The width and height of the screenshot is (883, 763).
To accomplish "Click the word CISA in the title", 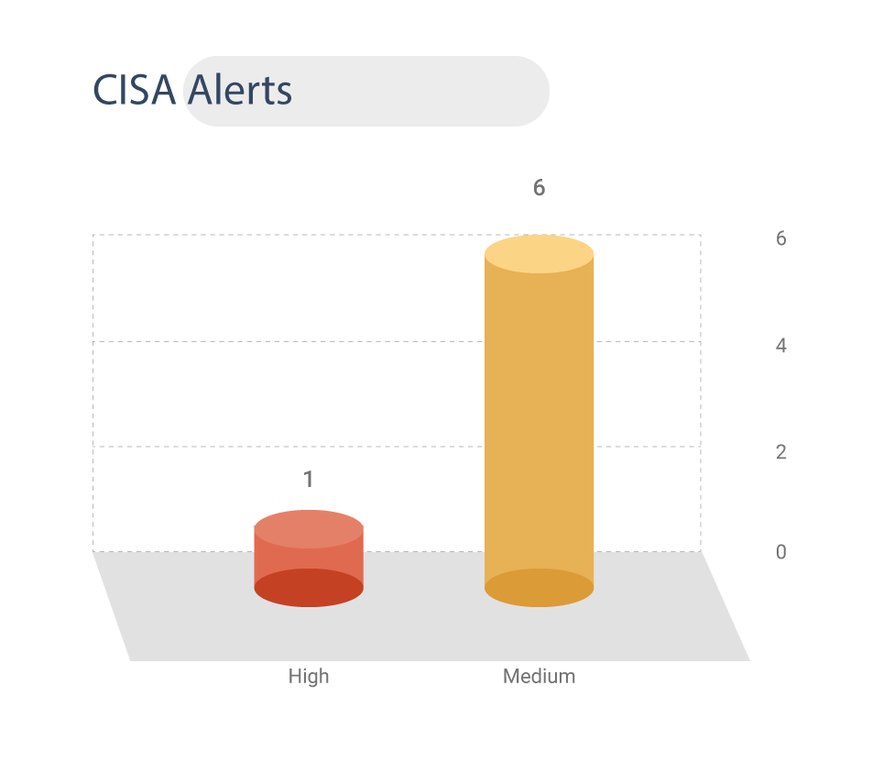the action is coord(134,90).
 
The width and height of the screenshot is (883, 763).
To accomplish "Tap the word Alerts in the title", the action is coord(240,90).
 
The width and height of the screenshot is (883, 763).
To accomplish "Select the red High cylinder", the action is coord(309,558).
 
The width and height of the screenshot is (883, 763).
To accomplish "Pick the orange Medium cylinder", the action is coord(539,421).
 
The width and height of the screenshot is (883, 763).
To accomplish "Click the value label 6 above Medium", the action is coord(539,188).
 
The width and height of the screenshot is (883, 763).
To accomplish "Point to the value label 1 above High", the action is coord(308,480).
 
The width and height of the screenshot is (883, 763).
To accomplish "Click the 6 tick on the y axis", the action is coord(780,238).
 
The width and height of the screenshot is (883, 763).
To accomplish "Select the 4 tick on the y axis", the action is coord(780,345).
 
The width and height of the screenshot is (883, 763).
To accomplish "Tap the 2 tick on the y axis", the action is coord(780,452).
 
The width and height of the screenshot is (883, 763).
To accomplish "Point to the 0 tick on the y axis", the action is coord(780,551).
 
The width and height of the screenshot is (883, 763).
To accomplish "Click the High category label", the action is coord(309,676).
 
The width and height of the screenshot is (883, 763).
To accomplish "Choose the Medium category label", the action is coord(539,676).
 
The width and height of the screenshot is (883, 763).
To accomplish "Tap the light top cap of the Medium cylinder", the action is coord(539,254).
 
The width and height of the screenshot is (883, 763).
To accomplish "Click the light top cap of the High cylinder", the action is coord(309,529).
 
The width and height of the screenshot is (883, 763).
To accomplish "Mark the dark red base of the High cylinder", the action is coord(309,588).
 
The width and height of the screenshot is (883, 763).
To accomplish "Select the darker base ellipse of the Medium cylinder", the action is coord(539,588).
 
